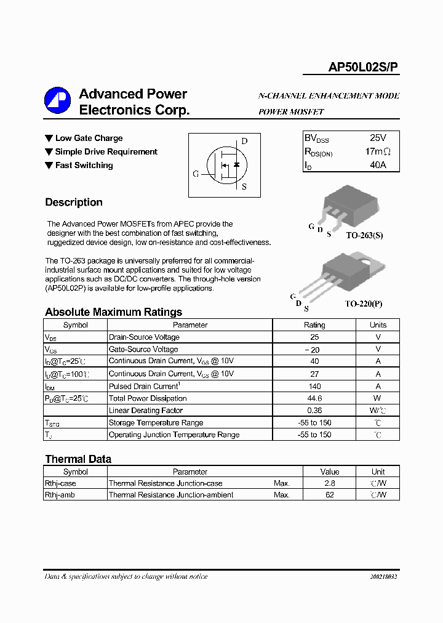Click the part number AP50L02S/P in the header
click(363, 68)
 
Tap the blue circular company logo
click(57, 100)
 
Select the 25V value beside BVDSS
click(378, 139)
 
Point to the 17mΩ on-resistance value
click(377, 152)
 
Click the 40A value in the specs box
click(378, 165)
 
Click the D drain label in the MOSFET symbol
click(244, 141)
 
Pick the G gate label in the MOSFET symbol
click(196, 174)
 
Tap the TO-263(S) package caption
click(364, 236)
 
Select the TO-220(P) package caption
click(364, 303)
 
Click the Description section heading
click(74, 203)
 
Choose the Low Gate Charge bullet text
click(89, 139)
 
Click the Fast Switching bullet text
click(84, 166)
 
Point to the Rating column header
click(314, 325)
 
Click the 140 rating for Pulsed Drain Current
click(314, 386)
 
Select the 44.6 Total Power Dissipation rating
click(314, 398)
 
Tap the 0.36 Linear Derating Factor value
click(314, 411)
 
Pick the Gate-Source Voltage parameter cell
click(143, 349)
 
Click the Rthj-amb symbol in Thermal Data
click(60, 495)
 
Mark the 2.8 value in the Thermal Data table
click(330, 483)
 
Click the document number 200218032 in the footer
click(383, 577)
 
